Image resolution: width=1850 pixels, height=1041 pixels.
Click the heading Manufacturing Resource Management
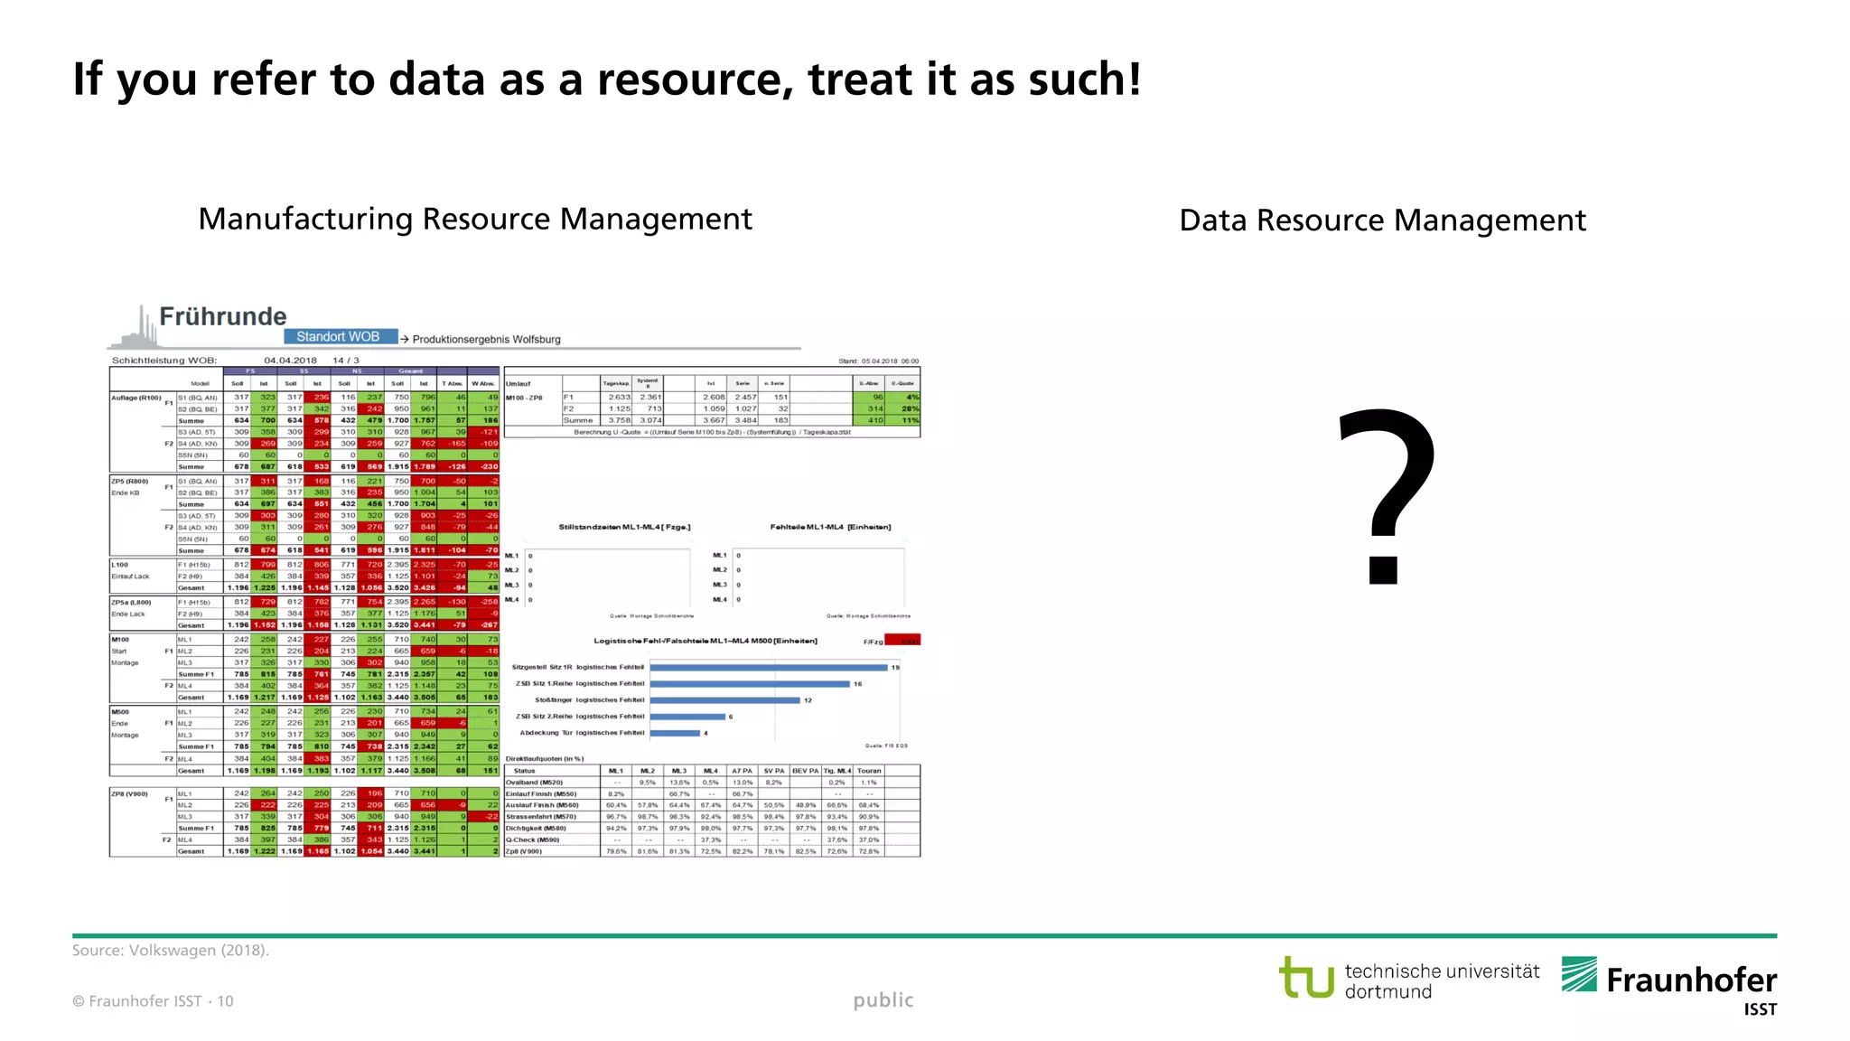[x=475, y=220]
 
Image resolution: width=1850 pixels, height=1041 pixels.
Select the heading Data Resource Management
[x=1382, y=220]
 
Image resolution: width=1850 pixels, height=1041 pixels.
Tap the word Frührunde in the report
[x=222, y=316]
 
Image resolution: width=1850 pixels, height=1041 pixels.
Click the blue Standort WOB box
[x=340, y=337]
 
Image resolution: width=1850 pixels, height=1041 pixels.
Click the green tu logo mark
[x=1306, y=978]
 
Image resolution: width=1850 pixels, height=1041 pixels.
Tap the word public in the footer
[x=883, y=1000]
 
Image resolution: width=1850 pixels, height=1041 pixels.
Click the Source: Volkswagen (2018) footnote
[x=171, y=951]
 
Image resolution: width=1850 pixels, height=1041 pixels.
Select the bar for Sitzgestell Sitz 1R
[x=768, y=668]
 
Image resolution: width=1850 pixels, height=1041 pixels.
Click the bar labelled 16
[x=750, y=684]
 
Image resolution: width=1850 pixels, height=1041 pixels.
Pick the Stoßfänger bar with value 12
[x=725, y=700]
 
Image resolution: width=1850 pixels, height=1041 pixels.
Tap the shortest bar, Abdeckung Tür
[x=675, y=733]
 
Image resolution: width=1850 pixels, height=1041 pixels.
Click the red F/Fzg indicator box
[x=902, y=641]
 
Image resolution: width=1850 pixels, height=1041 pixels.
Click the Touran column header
[x=869, y=771]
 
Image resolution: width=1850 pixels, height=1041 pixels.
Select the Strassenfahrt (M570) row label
[x=541, y=817]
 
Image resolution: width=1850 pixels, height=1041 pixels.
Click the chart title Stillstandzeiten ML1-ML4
[x=624, y=527]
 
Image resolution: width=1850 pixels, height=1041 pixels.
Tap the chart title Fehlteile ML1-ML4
[x=830, y=527]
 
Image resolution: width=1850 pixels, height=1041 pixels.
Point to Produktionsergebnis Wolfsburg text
[x=486, y=340]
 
